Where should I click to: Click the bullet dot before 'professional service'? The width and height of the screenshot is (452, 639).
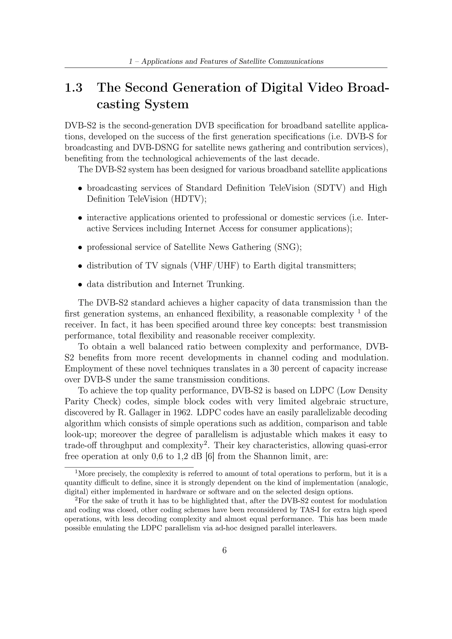click(80, 247)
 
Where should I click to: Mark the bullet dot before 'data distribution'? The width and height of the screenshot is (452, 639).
click(80, 284)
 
